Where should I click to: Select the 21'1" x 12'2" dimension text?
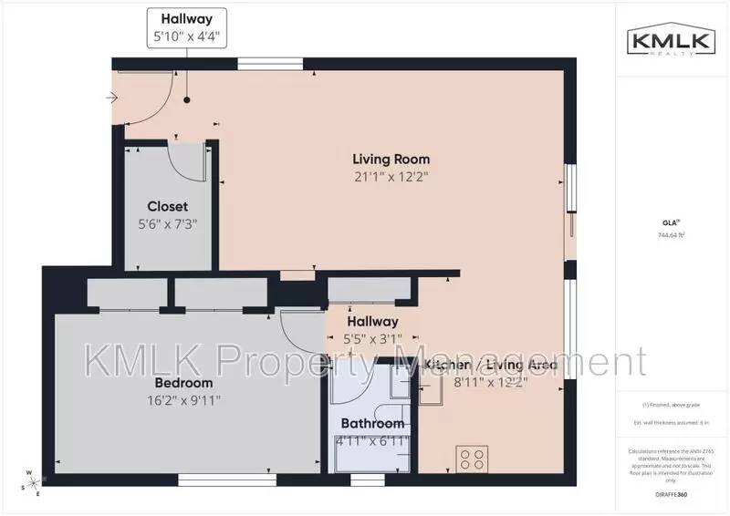[392, 177]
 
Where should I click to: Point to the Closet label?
[167, 206]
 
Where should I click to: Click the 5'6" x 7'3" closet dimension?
[167, 223]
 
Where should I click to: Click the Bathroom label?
[372, 424]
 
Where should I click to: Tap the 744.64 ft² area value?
[672, 235]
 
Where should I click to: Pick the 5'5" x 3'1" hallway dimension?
[372, 338]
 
